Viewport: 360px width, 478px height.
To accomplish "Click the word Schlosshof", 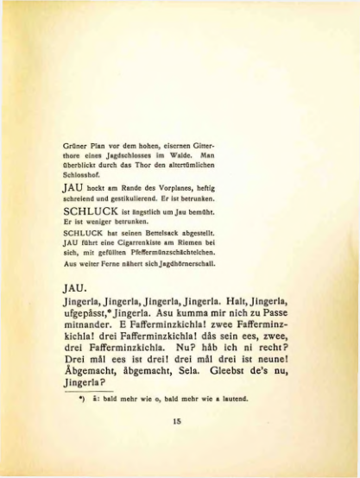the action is click(82, 171).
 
